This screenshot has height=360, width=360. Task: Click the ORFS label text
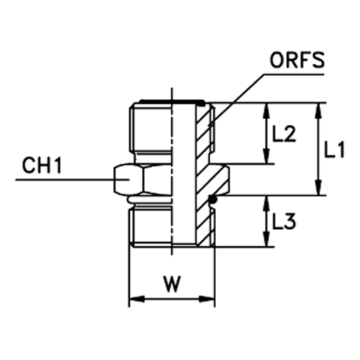tap(297, 60)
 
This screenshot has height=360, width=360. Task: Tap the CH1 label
tap(41, 165)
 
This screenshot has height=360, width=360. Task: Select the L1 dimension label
tap(334, 149)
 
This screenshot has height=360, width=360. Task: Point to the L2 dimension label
tap(284, 134)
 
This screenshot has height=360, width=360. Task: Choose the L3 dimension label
tap(284, 221)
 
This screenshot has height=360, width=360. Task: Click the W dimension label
tap(172, 284)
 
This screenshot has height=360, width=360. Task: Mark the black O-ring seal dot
tap(212, 200)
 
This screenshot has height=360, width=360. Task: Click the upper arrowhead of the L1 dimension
tap(319, 110)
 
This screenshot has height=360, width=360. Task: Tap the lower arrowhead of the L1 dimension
tap(319, 188)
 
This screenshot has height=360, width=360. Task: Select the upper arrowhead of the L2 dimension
tap(266, 110)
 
